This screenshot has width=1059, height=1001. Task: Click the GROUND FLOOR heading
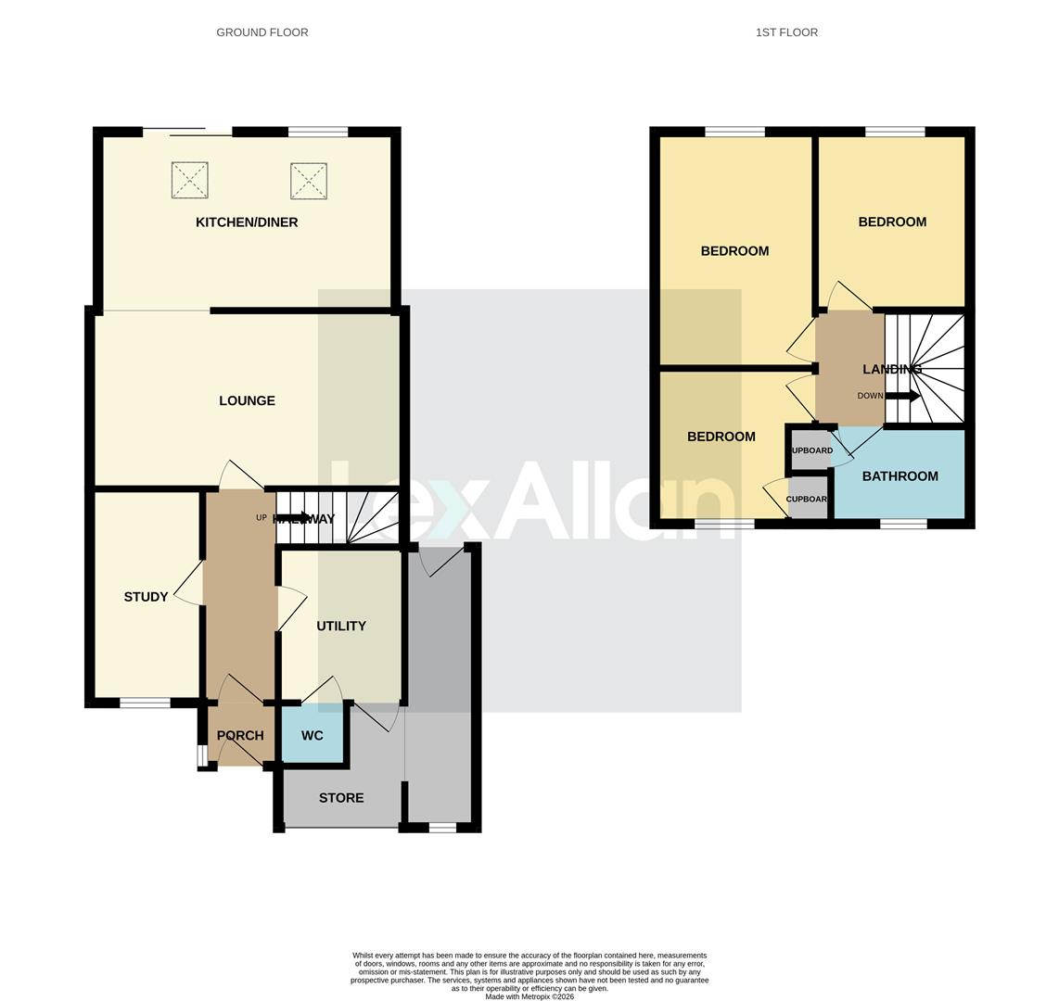[x=262, y=32]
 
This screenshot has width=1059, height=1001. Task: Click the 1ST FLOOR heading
[x=786, y=32]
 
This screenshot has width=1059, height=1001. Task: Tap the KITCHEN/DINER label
[x=247, y=222]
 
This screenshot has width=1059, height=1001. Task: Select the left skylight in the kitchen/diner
[x=189, y=180]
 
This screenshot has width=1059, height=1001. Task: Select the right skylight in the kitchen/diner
[x=309, y=181]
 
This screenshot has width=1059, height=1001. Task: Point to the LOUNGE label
[x=247, y=400]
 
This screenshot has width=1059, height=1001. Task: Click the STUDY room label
[x=146, y=597]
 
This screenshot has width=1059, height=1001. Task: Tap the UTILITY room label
[x=341, y=626]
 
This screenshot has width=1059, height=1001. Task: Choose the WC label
[x=313, y=735]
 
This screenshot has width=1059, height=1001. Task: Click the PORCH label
[x=240, y=735]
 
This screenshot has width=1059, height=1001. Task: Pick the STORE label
[x=341, y=798]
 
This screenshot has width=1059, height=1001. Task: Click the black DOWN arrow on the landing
[x=902, y=396]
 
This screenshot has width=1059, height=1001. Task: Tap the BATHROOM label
[x=900, y=476]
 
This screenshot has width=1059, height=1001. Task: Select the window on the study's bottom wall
[x=145, y=703]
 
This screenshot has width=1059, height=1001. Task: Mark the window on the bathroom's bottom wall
[x=903, y=525]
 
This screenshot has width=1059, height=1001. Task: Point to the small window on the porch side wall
[x=201, y=755]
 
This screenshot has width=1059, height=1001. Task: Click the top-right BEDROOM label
[x=892, y=222]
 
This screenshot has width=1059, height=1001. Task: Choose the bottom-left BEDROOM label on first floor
[x=721, y=437]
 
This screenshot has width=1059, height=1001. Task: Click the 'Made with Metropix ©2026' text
[x=529, y=997]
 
